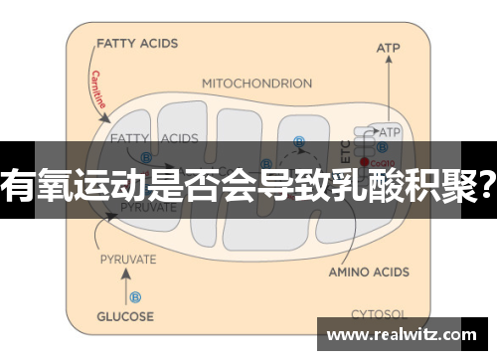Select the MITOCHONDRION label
[255, 84]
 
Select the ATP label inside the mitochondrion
[390, 129]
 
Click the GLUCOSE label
[125, 316]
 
